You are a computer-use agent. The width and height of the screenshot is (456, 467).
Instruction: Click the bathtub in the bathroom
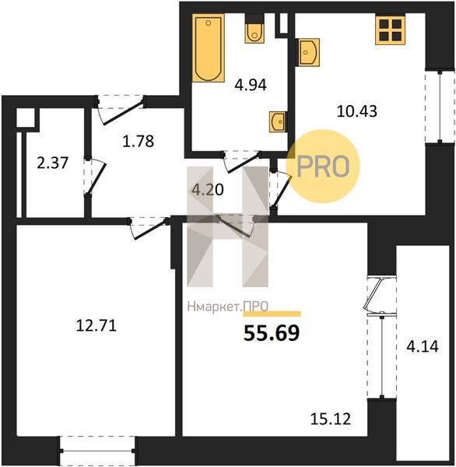(x=209, y=47)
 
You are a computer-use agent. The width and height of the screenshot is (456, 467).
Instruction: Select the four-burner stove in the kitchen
(x=390, y=30)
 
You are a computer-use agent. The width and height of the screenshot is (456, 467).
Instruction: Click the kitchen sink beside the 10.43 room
(x=309, y=52)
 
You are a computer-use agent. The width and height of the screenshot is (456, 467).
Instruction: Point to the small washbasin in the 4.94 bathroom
(x=278, y=121)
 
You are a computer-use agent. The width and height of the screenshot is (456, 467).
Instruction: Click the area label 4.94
(x=251, y=85)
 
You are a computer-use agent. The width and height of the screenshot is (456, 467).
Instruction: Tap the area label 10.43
(x=357, y=111)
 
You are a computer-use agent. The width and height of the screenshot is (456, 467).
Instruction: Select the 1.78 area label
(x=139, y=141)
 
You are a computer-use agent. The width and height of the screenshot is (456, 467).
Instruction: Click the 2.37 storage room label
(x=53, y=163)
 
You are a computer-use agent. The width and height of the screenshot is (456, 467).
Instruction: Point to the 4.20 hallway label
(x=208, y=190)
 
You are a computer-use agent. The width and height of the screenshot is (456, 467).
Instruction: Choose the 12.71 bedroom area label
(x=96, y=325)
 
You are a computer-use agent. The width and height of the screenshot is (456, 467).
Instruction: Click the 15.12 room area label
(x=330, y=419)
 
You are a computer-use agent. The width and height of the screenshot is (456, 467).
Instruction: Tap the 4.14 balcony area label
(x=423, y=346)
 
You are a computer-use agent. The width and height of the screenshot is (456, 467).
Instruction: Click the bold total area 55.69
(x=272, y=333)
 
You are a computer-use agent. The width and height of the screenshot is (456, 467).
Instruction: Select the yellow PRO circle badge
(x=323, y=167)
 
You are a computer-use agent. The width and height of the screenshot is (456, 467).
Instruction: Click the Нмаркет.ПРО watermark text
(x=228, y=307)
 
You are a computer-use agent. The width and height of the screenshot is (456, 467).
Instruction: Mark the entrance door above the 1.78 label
(x=120, y=110)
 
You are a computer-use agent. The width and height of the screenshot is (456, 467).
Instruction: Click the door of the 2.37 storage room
(x=95, y=177)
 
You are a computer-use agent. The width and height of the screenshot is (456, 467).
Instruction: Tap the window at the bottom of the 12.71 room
(x=97, y=451)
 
